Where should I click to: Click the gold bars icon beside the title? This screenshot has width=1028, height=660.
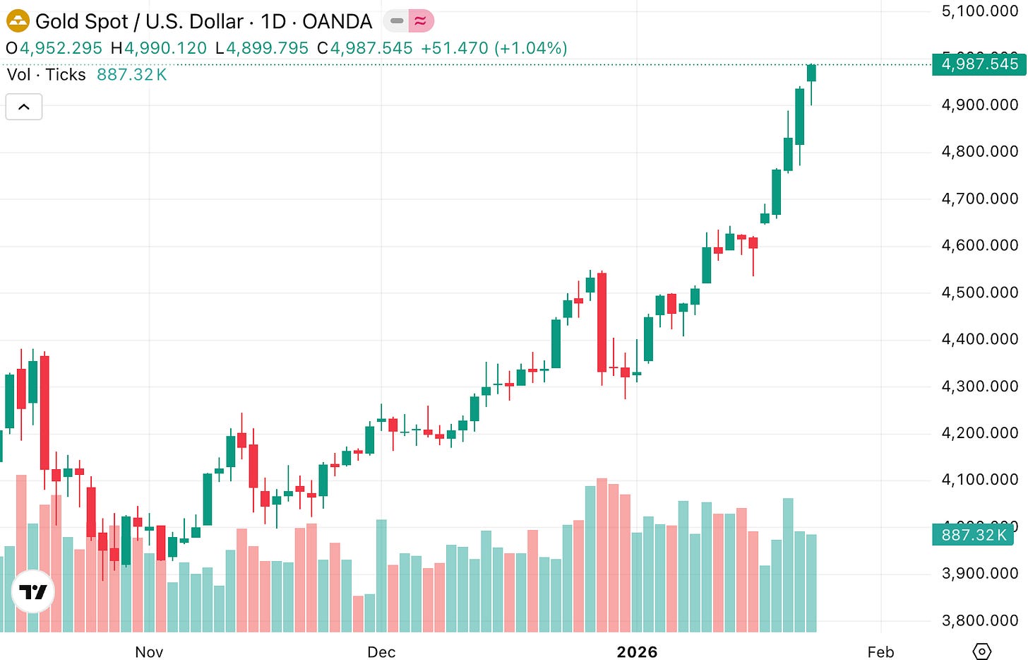coord(18,21)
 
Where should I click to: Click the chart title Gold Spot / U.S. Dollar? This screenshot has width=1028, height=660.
coord(138,22)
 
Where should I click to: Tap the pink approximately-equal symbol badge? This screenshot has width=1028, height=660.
coord(421,21)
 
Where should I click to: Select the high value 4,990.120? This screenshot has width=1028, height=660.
coord(165,48)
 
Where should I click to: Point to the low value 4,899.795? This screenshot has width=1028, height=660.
coord(267,48)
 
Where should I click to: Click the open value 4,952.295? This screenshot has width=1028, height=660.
coord(61,48)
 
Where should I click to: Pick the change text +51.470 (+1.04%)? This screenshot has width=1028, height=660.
coord(494,48)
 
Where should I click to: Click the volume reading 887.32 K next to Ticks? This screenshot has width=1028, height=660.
coord(131,75)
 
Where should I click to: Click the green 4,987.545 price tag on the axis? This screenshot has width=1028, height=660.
coord(979,64)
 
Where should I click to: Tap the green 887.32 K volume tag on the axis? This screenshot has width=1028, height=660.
coord(973,535)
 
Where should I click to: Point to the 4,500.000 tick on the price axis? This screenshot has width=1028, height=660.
coord(979,293)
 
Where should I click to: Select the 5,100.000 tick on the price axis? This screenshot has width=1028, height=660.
coord(979,11)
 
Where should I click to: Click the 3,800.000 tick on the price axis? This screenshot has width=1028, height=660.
coord(979,620)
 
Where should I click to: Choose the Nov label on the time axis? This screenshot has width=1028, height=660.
coord(149,652)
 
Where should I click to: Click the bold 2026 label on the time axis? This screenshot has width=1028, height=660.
coord(637,652)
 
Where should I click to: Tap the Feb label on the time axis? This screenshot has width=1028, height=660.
coord(880,652)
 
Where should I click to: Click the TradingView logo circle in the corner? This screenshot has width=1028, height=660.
coord(33,591)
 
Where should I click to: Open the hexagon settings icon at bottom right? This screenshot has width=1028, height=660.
coord(982,651)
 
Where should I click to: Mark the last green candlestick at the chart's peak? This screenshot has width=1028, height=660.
coord(811,73)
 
